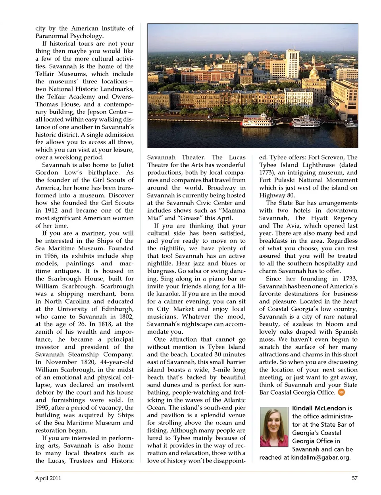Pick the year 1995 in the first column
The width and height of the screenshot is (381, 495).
click(x=44, y=408)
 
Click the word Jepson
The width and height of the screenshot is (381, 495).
click(x=97, y=112)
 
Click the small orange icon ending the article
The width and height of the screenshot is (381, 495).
click(x=341, y=393)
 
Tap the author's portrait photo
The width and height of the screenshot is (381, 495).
click(x=274, y=427)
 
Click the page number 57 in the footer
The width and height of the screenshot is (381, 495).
click(x=354, y=478)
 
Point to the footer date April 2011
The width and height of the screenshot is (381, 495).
click(x=48, y=478)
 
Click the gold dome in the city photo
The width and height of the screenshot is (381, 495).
click(x=313, y=74)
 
